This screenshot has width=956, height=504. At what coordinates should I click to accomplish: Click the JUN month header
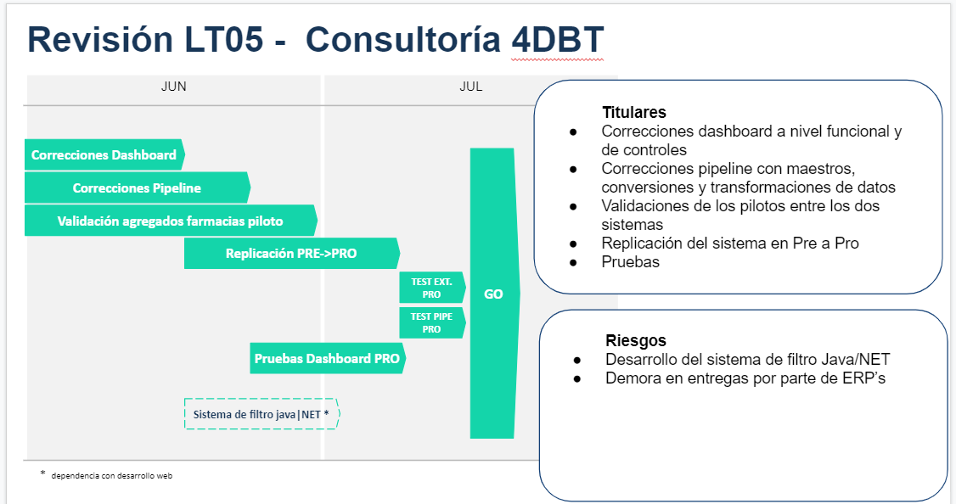pyautogui.click(x=173, y=87)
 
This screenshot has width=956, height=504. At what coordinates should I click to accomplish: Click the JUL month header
pyautogui.click(x=470, y=87)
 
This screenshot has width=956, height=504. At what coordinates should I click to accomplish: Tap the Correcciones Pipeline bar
pyautogui.click(x=137, y=188)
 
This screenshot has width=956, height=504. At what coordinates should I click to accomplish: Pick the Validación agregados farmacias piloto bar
pyautogui.click(x=170, y=221)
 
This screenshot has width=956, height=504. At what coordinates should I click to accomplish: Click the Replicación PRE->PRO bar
pyautogui.click(x=291, y=253)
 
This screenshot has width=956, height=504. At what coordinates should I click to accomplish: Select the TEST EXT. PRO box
pyautogui.click(x=431, y=288)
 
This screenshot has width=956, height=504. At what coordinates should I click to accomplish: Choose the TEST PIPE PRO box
pyautogui.click(x=431, y=322)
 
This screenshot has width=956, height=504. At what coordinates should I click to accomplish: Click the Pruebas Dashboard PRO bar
pyautogui.click(x=327, y=358)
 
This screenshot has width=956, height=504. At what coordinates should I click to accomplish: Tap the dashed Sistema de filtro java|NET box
pyautogui.click(x=261, y=414)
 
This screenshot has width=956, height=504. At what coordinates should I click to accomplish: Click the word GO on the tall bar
pyautogui.click(x=493, y=294)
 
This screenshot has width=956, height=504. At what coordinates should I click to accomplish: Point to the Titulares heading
pyautogui.click(x=633, y=112)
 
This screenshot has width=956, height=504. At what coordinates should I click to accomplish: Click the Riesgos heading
pyautogui.click(x=636, y=340)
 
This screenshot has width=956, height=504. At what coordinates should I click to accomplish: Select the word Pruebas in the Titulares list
pyautogui.click(x=630, y=262)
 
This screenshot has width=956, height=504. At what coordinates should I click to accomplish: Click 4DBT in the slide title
pyautogui.click(x=557, y=40)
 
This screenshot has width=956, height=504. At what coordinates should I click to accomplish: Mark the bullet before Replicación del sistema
pyautogui.click(x=573, y=244)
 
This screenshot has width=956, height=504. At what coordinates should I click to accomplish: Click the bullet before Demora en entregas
pyautogui.click(x=576, y=378)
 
